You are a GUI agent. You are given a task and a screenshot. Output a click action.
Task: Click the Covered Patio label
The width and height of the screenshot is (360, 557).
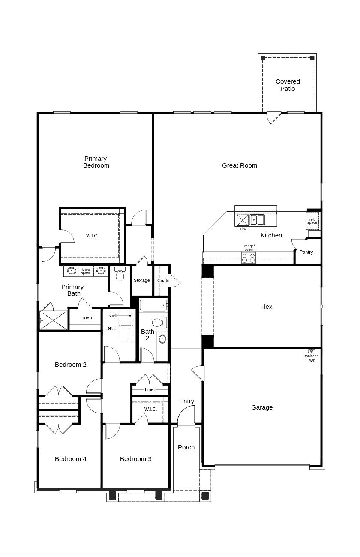click(288, 85)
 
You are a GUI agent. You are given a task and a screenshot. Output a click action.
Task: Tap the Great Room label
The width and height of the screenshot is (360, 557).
click(240, 165)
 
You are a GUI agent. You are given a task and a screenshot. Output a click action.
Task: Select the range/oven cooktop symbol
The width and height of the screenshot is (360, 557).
click(249, 258)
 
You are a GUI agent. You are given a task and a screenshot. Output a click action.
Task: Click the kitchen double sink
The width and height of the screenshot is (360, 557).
click(257, 220)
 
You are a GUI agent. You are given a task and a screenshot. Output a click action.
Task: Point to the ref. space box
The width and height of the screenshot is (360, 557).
click(312, 221)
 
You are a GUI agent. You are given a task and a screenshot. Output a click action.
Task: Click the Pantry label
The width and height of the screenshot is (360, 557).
click(306, 252)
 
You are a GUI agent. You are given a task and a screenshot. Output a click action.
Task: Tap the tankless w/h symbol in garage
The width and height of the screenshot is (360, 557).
click(312, 351)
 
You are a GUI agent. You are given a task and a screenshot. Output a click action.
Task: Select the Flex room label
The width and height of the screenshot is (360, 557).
click(266, 307)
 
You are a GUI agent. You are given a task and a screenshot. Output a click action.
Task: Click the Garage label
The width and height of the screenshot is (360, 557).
click(262, 407)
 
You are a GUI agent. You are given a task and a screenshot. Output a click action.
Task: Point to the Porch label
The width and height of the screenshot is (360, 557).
click(186, 447)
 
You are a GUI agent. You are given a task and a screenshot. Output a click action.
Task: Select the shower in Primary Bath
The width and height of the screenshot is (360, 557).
click(54, 320)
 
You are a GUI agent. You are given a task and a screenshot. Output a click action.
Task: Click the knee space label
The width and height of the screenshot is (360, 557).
click(86, 271)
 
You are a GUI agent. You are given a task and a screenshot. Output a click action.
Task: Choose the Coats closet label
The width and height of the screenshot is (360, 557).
click(163, 281)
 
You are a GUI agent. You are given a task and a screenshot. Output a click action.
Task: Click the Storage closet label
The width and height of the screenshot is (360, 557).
click(141, 280)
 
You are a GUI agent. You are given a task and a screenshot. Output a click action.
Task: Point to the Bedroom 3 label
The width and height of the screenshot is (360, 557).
click(135, 459)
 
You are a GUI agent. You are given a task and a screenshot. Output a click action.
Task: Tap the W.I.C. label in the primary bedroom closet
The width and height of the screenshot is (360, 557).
click(92, 236)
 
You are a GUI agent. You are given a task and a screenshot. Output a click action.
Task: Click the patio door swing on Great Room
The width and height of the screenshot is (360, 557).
click(273, 117)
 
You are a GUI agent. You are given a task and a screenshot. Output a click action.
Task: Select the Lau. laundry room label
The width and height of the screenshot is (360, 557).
click(110, 329)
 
